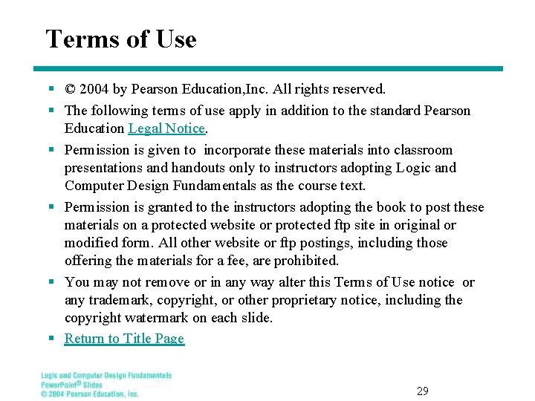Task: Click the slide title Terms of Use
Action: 121,39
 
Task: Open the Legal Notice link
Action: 166,128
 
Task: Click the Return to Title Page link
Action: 124,339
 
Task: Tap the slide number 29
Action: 423,391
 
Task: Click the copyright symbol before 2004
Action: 70,90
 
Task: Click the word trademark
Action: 122,300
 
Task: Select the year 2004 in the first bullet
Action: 94,90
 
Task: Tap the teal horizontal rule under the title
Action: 274,69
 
